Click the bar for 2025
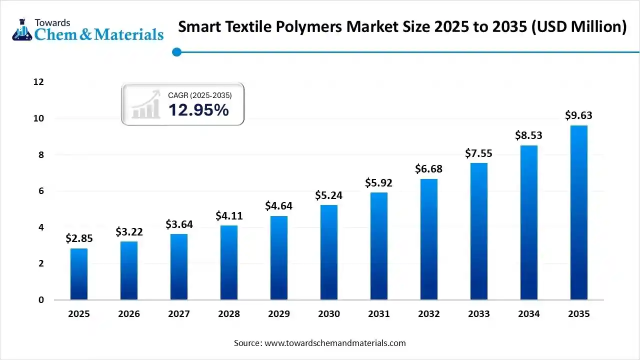pyautogui.click(x=79, y=274)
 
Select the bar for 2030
pyautogui.click(x=329, y=252)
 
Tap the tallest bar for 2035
pyautogui.click(x=579, y=212)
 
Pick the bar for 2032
pyautogui.click(x=429, y=239)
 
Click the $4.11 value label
pyautogui.click(x=229, y=215)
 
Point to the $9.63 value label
pyautogui.click(x=579, y=115)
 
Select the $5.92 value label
pyautogui.click(x=379, y=182)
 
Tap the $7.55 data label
pyautogui.click(x=479, y=153)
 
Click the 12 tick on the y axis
pyautogui.click(x=38, y=82)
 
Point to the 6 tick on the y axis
pyautogui.click(x=41, y=191)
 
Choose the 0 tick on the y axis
pyautogui.click(x=41, y=300)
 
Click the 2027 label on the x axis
pyautogui.click(x=179, y=314)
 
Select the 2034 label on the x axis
pyautogui.click(x=529, y=314)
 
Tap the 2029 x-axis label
pyautogui.click(x=279, y=314)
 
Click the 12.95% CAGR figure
pyautogui.click(x=198, y=110)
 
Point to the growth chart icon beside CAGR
pyautogui.click(x=145, y=105)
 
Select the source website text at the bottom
pyautogui.click(x=320, y=343)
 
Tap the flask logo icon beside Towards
pyautogui.click(x=21, y=30)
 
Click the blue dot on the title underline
pyautogui.click(x=176, y=51)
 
